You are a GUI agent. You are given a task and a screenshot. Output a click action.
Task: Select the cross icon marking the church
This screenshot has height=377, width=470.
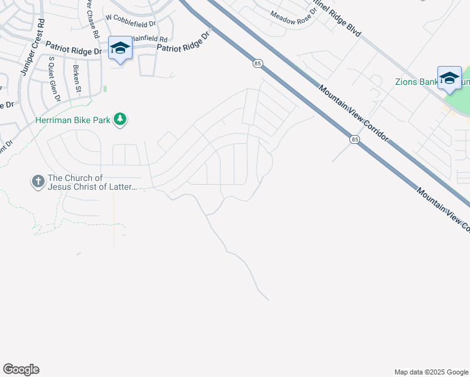(38, 182)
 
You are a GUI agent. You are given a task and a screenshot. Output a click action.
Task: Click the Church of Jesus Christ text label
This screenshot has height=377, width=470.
(89, 183)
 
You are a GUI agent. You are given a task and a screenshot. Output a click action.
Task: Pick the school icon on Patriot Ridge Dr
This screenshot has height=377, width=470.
(119, 48)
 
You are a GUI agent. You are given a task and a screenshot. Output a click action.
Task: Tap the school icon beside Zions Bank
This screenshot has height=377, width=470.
(449, 77)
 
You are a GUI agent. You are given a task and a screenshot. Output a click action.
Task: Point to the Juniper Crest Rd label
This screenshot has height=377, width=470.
(32, 48)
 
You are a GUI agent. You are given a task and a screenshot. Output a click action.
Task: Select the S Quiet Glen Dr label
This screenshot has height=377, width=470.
(54, 79)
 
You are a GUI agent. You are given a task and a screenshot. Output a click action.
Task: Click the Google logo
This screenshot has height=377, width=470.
(21, 369)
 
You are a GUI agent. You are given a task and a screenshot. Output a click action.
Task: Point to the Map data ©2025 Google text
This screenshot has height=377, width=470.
(430, 372)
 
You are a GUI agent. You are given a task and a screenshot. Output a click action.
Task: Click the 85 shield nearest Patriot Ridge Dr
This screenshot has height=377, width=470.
(258, 63)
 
